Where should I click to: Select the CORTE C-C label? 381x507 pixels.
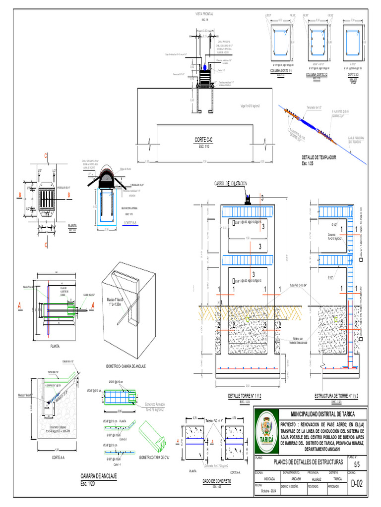204,140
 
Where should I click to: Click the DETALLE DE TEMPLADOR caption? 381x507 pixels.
319,157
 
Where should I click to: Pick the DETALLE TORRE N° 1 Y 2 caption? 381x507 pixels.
245,397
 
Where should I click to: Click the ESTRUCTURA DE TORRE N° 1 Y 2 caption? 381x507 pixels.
336,397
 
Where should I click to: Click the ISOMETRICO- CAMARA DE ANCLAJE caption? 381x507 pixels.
126,365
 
